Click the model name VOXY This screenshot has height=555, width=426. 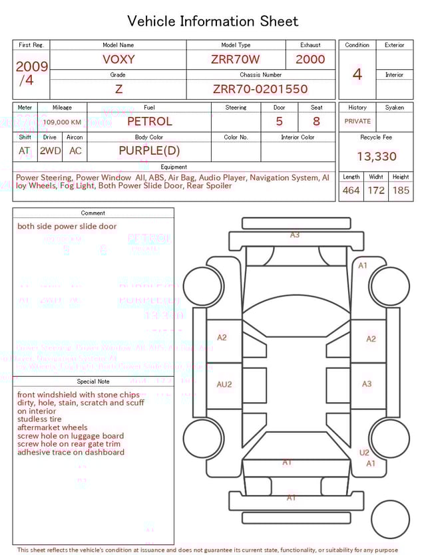(x=118, y=59)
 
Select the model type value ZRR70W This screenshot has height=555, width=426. (x=236, y=59)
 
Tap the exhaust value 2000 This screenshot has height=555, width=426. (x=310, y=59)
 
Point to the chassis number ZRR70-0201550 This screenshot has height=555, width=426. (x=260, y=89)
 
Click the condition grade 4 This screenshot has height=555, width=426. (x=357, y=74)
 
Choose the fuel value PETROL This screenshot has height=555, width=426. (x=149, y=121)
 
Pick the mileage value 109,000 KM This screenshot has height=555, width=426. (x=63, y=122)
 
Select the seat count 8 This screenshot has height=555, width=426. (x=316, y=122)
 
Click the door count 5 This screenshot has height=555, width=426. (x=280, y=122)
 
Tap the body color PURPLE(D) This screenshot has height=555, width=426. (x=149, y=150)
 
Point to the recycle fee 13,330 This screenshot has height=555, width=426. (x=376, y=156)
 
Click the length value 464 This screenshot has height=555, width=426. (x=351, y=191)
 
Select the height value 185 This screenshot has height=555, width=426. (x=401, y=191)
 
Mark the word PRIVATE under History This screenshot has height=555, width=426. (x=357, y=122)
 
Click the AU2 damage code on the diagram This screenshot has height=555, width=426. (x=224, y=384)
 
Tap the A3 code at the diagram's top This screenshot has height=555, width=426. (x=295, y=235)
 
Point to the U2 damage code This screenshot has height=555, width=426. (x=364, y=453)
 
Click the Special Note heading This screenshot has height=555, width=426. (x=93, y=382)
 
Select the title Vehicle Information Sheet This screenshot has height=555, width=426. (x=213, y=21)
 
